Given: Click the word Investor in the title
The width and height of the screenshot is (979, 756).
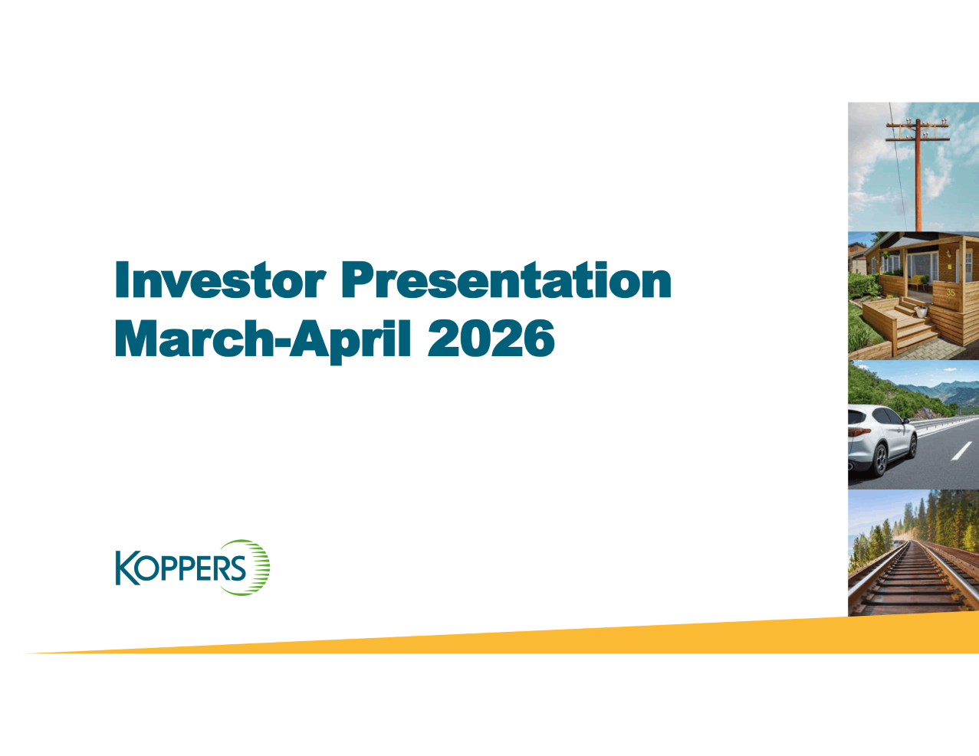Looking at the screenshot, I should click(x=221, y=280).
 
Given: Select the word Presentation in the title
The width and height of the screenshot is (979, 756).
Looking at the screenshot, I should click(x=506, y=280).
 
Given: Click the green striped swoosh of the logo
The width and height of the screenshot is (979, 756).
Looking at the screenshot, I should click(x=258, y=568).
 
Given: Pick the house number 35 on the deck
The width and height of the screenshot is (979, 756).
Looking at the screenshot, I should click(x=951, y=293).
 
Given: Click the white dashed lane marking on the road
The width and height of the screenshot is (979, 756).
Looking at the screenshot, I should click(x=961, y=451).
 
